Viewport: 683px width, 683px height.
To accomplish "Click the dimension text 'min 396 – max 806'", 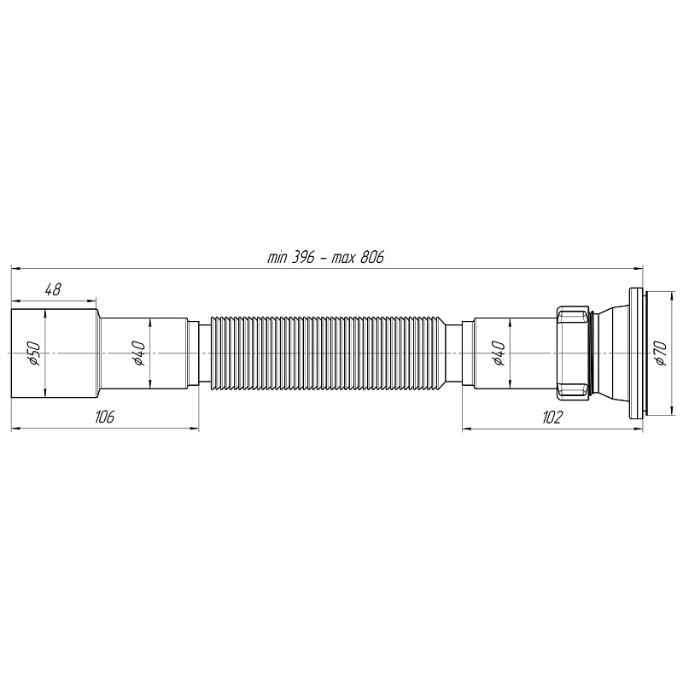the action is pyautogui.click(x=326, y=258).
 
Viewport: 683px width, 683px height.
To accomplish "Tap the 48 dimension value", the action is pyautogui.click(x=53, y=289).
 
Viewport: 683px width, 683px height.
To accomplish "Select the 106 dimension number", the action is pyautogui.click(x=104, y=417).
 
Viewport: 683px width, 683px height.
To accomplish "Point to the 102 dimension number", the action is pyautogui.click(x=552, y=417).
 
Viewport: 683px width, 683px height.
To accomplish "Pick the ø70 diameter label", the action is pyautogui.click(x=661, y=353).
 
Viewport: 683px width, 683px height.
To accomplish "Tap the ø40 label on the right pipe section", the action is pyautogui.click(x=499, y=353).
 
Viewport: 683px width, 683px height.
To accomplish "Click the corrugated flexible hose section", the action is pyautogui.click(x=328, y=353).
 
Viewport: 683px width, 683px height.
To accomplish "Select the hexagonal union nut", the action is pyautogui.click(x=573, y=353).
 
